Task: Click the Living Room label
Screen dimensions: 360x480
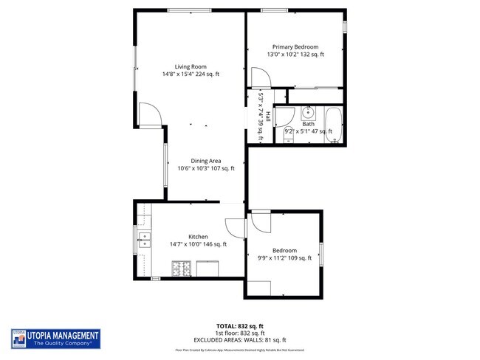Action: tap(191, 66)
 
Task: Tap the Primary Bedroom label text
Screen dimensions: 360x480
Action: tap(295, 46)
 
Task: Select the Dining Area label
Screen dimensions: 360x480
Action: tap(206, 161)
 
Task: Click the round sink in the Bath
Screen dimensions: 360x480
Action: tap(309, 114)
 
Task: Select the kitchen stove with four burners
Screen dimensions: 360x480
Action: tap(182, 269)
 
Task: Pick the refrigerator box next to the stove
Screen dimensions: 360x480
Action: tap(208, 269)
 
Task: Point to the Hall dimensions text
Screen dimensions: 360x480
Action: tap(260, 113)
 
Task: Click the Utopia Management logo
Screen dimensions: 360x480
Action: tap(55, 339)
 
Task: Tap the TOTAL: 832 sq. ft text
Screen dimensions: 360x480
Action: tap(240, 326)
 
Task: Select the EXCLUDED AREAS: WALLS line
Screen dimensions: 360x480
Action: tap(240, 339)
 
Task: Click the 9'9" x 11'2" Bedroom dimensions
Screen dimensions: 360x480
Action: tap(284, 258)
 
